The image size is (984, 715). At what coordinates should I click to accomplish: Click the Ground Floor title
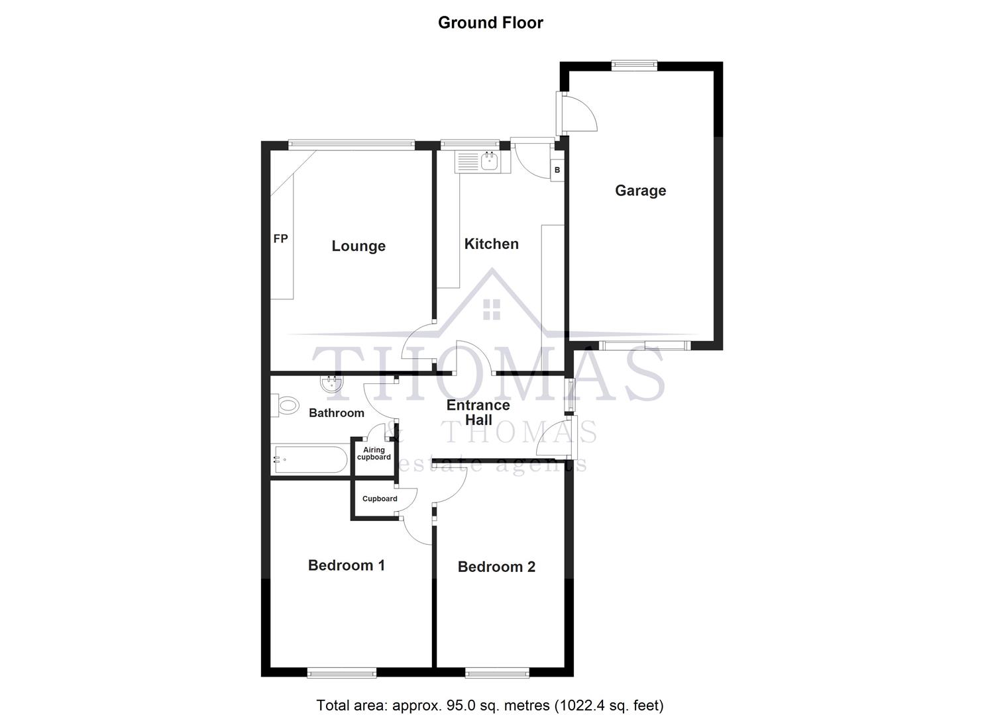point(490,23)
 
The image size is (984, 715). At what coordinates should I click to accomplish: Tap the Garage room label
point(640,191)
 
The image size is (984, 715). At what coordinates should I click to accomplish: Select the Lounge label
point(358,246)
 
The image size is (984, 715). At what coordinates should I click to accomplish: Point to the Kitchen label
point(491,244)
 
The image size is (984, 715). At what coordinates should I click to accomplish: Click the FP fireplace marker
point(280,238)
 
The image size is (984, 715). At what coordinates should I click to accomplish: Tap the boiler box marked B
point(557,170)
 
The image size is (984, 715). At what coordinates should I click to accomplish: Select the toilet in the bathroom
point(286,405)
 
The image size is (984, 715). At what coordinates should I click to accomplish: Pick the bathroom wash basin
point(331,384)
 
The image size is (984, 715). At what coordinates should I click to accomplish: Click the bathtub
point(310,459)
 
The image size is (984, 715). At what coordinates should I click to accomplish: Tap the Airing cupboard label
point(374,453)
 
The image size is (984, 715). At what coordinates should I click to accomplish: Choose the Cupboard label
point(380,499)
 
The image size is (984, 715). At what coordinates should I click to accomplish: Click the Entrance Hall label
point(478,412)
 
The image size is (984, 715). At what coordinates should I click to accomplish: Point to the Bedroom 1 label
point(347,565)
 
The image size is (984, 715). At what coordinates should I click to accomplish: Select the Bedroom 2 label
point(496,567)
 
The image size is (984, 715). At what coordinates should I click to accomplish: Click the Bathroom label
point(337,413)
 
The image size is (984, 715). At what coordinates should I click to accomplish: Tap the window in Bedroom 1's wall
point(342,673)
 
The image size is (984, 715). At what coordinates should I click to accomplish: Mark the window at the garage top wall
point(634,65)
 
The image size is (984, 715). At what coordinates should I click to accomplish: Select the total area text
point(490,705)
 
